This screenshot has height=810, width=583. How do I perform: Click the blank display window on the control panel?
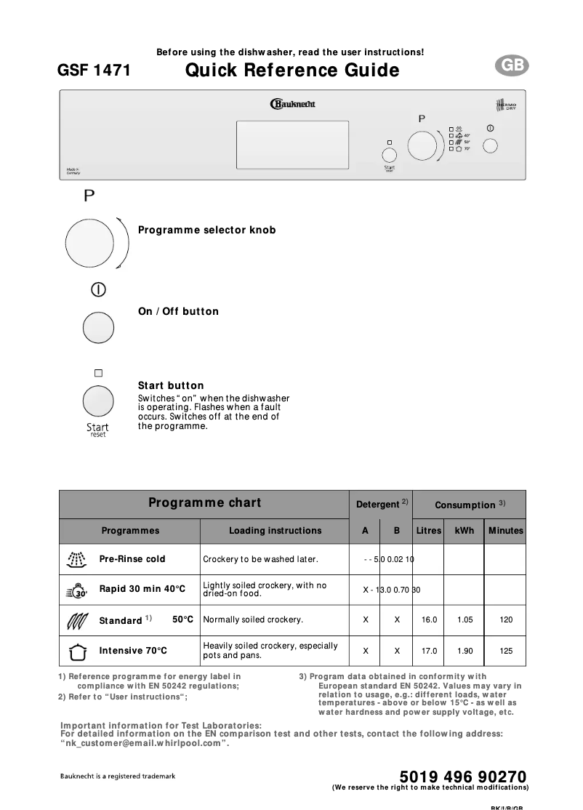pos(292,145)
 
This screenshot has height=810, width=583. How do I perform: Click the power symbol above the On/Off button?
pos(98,289)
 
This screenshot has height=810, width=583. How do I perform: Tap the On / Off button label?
pos(178,311)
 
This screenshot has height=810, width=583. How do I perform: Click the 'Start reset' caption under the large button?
pos(97,430)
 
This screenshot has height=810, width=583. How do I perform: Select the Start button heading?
pos(171,385)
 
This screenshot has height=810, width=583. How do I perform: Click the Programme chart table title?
pos(204,503)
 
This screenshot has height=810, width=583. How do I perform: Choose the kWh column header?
pos(464,531)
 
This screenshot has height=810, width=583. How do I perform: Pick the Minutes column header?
pos(505,531)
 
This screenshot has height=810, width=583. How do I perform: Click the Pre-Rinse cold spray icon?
pos(76,559)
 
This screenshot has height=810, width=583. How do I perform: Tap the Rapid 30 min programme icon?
pos(76,590)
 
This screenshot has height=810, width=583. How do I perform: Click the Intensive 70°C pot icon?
pos(76,651)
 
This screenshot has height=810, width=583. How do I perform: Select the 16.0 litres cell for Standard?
pos(429,620)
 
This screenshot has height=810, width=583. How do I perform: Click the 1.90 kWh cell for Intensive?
pos(465,651)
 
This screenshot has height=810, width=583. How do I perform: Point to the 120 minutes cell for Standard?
pos(506,620)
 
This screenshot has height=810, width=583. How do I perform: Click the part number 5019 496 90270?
pos(462,777)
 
